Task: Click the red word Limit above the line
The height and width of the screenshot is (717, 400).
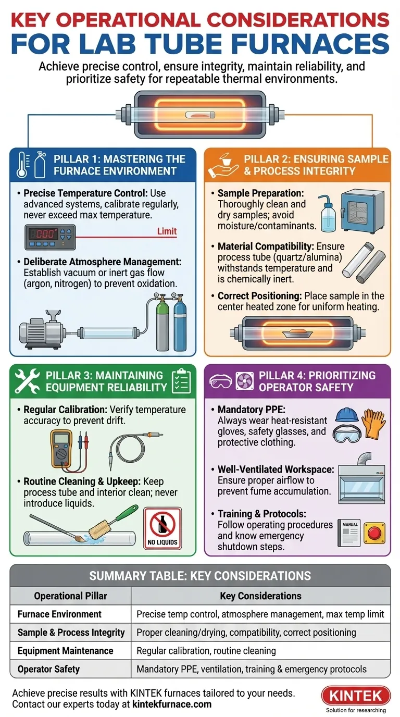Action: tap(167, 231)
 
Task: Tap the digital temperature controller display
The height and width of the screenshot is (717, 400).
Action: tap(50, 237)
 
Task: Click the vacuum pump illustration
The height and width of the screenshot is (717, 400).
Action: tap(41, 329)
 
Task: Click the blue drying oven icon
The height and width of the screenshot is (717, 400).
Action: tap(362, 211)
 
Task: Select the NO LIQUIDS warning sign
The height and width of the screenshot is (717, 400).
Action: tap(162, 528)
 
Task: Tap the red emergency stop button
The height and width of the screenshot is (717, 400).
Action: tap(374, 533)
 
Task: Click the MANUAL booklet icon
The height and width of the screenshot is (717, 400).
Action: tap(349, 533)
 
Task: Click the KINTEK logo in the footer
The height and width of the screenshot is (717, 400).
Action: tap(356, 696)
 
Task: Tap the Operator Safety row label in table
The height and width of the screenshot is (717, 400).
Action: tap(48, 669)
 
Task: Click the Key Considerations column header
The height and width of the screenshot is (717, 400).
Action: tap(260, 596)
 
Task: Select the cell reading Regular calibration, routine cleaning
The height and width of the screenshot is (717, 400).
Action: tap(206, 650)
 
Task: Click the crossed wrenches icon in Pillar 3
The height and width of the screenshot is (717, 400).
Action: tap(27, 381)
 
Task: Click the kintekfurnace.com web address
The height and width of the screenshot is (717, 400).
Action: tap(172, 704)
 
